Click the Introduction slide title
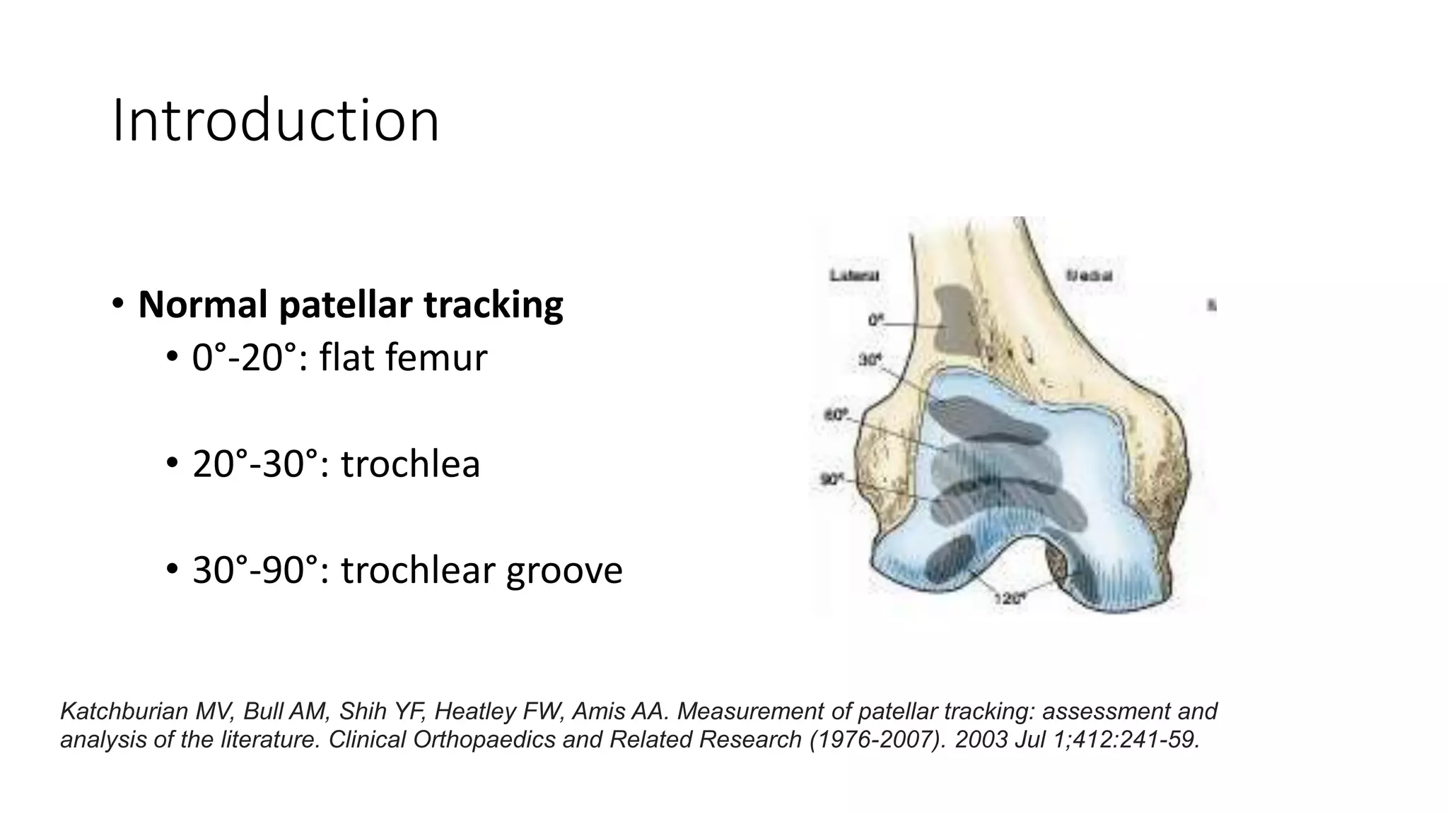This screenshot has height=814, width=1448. pyautogui.click(x=276, y=122)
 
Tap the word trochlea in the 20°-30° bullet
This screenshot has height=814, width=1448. pyautogui.click(x=410, y=464)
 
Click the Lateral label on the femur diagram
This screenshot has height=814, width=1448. pyautogui.click(x=854, y=276)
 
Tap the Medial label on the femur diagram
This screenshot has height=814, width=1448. pyautogui.click(x=1090, y=276)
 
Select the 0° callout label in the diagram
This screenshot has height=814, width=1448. pyautogui.click(x=876, y=321)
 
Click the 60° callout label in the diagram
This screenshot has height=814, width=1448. pyautogui.click(x=836, y=415)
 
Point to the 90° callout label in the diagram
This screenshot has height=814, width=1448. pyautogui.click(x=831, y=480)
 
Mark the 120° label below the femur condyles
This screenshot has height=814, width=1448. pyautogui.click(x=1010, y=598)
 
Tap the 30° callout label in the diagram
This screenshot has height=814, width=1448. pyautogui.click(x=870, y=360)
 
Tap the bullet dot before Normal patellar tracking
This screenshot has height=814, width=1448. pyautogui.click(x=117, y=305)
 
